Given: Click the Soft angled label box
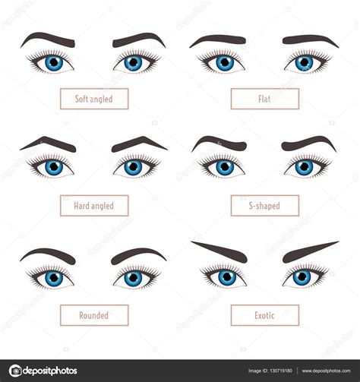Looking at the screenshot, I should tap(94, 99).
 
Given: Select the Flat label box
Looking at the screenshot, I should tap(264, 99).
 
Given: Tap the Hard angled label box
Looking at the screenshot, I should tap(94, 206).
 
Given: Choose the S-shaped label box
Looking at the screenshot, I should tap(264, 206).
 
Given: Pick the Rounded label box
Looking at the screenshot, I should tap(94, 315).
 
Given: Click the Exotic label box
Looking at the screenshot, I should tap(264, 315).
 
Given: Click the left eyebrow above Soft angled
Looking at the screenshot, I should tap(47, 38).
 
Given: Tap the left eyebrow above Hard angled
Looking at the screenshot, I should tap(47, 142).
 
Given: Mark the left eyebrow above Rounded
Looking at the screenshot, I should tap(47, 254).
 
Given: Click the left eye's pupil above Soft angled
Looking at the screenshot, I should tap(54, 63).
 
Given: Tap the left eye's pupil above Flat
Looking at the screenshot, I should tap(225, 63).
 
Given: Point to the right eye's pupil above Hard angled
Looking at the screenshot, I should tap(134, 167).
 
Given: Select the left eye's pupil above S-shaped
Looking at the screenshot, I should tap(225, 167).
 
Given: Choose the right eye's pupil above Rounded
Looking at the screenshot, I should tap(134, 279).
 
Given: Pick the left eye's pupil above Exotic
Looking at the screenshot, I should tap(226, 278).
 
